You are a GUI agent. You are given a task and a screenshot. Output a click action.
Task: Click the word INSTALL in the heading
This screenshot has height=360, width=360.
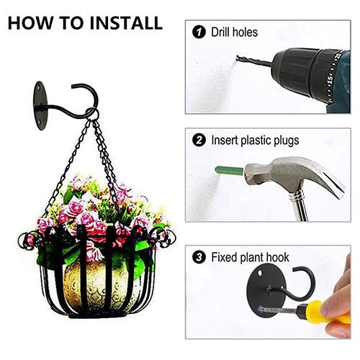point(126,23)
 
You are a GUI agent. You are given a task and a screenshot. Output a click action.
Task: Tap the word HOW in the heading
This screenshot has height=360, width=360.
point(30,23)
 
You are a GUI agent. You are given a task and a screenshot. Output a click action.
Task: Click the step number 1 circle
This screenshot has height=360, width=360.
point(199,32)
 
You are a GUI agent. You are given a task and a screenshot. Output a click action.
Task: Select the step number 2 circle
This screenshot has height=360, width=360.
point(199,140)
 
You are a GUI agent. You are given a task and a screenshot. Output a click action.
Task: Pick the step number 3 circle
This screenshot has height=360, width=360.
point(199,257)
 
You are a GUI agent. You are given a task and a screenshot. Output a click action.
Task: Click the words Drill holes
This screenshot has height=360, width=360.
point(234,32)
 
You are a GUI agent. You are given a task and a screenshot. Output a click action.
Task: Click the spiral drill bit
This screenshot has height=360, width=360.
point(255,61)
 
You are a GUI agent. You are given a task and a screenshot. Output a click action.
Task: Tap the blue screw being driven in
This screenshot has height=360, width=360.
point(260,309)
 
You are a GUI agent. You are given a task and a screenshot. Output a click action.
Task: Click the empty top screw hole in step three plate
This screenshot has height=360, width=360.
point(261,273)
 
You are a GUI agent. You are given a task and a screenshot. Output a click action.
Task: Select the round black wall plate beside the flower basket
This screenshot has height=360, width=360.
point(40,106)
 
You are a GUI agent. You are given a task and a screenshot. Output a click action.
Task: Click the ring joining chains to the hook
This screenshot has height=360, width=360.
point(93,114)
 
